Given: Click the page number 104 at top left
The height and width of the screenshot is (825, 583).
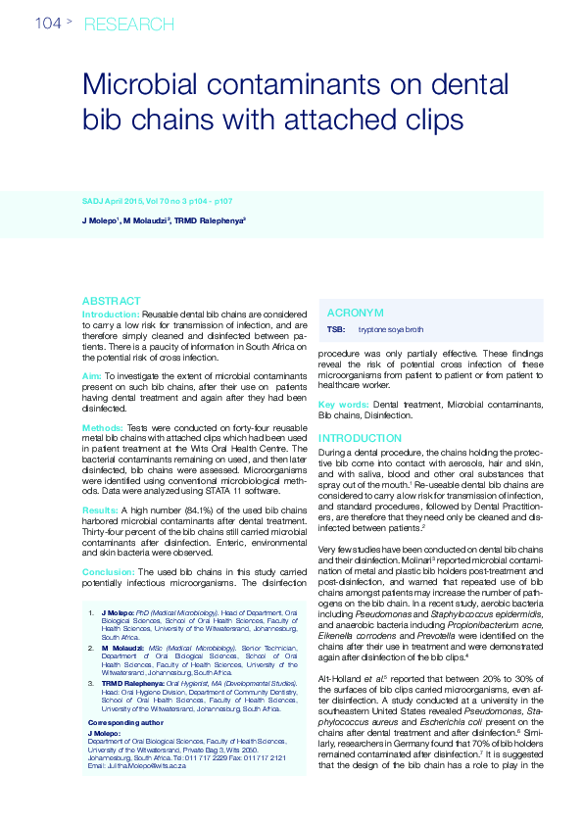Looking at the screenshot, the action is pyautogui.click(x=48, y=23).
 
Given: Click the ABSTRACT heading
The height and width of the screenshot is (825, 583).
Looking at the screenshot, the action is pyautogui.click(x=111, y=301).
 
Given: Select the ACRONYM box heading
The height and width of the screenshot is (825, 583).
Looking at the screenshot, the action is pyautogui.click(x=355, y=312).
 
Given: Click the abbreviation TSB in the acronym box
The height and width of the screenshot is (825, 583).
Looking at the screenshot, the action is pyautogui.click(x=335, y=331).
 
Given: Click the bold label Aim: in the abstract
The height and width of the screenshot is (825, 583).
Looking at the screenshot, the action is pyautogui.click(x=91, y=375).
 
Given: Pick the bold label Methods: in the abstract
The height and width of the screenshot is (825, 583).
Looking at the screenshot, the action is pyautogui.click(x=103, y=428).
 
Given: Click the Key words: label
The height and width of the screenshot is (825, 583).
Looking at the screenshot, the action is pyautogui.click(x=343, y=404).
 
